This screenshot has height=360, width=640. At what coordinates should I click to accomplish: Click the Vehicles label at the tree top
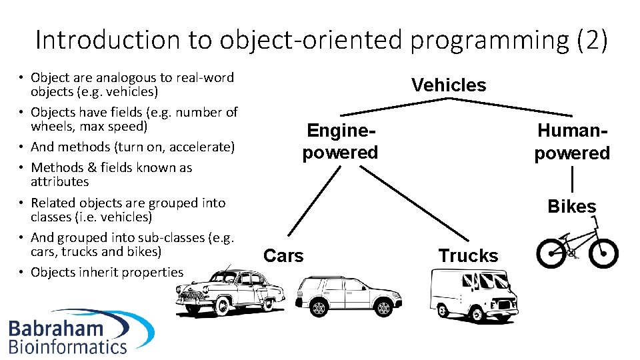449,85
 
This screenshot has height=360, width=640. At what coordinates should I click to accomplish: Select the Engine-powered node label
340,141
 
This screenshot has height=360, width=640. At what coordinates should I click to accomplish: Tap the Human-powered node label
572,142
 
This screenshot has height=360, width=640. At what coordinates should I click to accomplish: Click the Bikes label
571,207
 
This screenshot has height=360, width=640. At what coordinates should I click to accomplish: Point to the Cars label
283,255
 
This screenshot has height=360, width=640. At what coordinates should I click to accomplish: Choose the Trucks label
468,255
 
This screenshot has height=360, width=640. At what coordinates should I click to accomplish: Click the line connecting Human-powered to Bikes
572,181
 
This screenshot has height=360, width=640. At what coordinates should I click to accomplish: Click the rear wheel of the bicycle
551,253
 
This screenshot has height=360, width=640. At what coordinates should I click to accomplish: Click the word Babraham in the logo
56,328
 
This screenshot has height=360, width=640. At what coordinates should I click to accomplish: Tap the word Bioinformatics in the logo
67,346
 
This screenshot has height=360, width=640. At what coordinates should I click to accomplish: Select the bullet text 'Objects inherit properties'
107,272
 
